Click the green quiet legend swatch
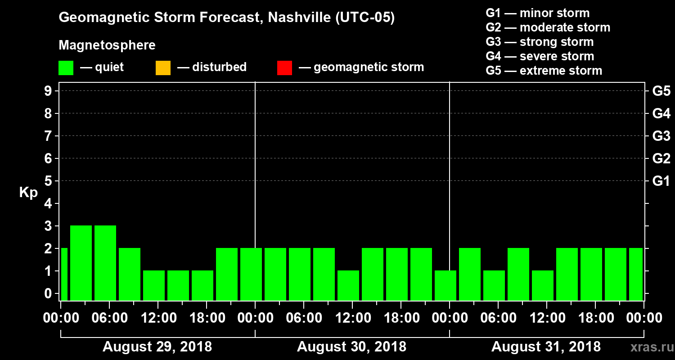pos(66,68)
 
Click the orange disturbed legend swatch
pos(163,68)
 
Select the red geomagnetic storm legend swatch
pos(284,68)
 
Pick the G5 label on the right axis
pos(661,91)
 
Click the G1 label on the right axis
pos(661,181)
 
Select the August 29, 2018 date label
pos(157,347)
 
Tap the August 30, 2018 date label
pos(351,347)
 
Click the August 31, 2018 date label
pos(546,347)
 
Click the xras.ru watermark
pos(648,347)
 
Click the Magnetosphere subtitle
pos(107,45)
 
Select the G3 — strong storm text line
pos(540,42)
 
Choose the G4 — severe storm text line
pos(540,56)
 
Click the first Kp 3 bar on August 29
pos(81,263)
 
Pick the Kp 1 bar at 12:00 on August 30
pos(348,285)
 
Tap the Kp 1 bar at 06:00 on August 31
pos(494,285)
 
